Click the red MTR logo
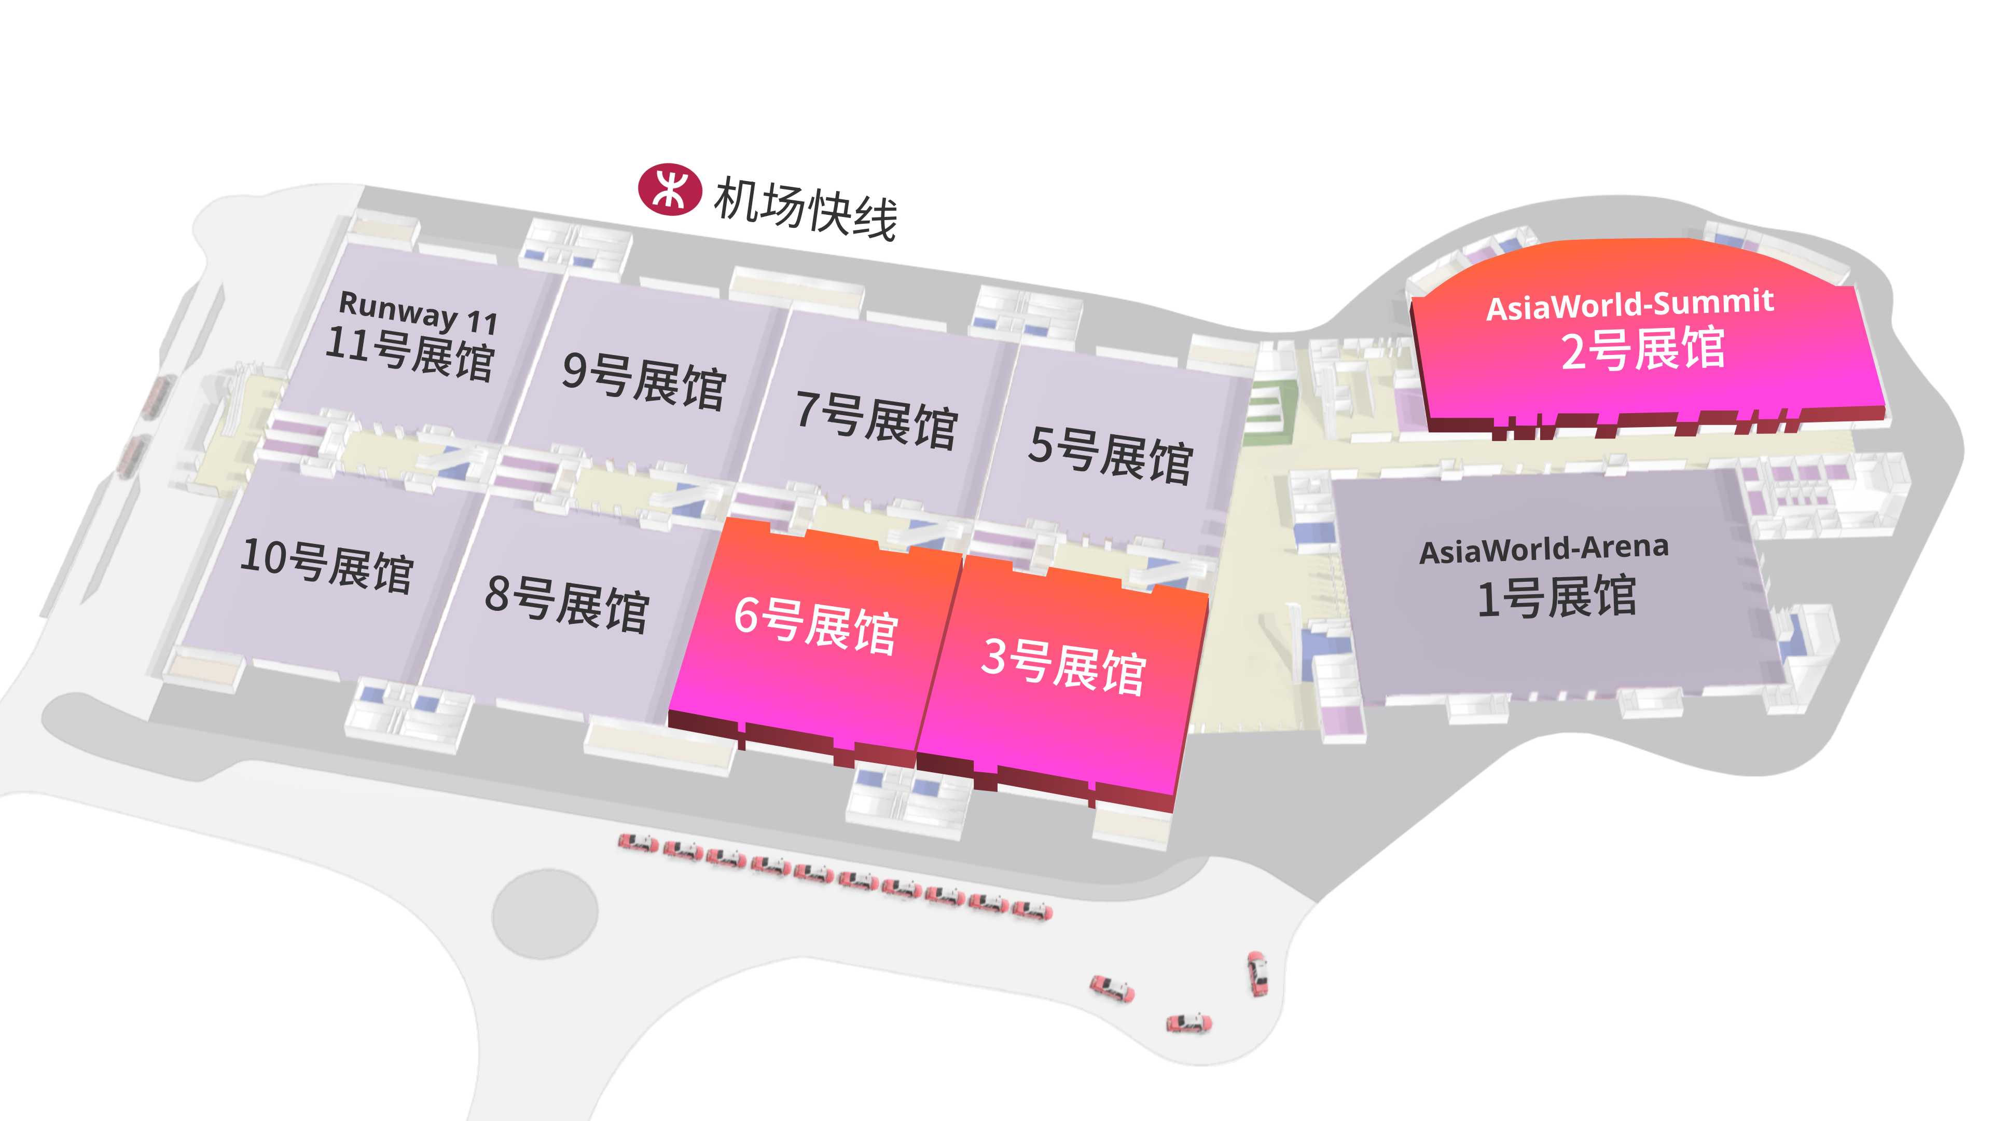(670, 189)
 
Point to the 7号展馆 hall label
(877, 419)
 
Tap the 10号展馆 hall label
(327, 566)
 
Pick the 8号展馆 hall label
(567, 604)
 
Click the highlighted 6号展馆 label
(816, 626)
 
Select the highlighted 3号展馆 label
(1063, 666)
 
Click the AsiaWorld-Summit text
(1630, 304)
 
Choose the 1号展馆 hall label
(1557, 597)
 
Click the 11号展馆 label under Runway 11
(410, 353)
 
